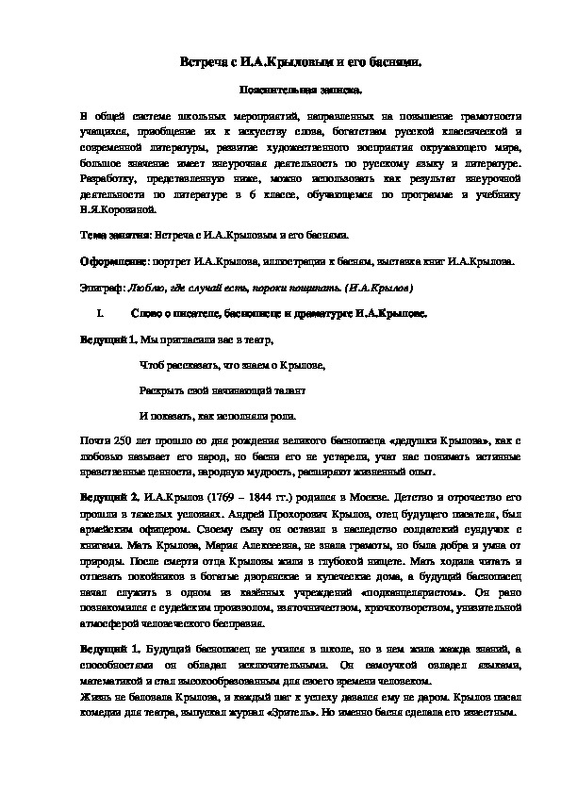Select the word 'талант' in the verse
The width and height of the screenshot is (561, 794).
click(x=288, y=389)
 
